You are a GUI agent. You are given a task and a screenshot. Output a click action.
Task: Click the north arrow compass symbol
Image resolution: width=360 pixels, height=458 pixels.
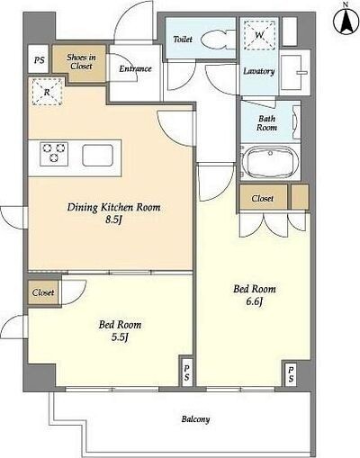point(346,19)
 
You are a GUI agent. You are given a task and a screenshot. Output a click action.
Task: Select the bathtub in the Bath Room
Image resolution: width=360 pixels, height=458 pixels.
point(271,162)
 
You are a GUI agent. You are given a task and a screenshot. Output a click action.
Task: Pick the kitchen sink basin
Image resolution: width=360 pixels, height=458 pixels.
point(97,156)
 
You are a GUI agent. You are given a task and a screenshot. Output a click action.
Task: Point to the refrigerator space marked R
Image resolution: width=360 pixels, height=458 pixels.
point(47,92)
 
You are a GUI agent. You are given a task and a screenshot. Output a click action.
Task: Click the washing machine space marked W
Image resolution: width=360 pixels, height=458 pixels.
point(259,35)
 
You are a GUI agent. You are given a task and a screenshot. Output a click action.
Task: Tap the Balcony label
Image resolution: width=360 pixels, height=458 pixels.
point(195,419)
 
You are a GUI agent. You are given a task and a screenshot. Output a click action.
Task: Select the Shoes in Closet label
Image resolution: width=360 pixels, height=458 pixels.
point(81,62)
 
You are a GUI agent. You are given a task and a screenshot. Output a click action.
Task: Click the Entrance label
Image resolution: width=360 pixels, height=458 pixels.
point(135,69)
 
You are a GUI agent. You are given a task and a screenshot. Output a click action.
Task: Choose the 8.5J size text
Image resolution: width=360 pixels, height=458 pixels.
point(113,220)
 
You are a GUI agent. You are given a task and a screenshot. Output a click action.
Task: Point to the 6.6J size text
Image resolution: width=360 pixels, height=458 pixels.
point(255,301)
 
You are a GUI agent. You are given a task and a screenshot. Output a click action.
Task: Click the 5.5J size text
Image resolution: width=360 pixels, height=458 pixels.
point(120,337)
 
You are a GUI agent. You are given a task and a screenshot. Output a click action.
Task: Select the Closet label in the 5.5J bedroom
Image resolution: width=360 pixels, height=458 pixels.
point(43,292)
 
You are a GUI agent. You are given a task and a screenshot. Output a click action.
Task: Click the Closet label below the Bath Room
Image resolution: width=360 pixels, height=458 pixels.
point(263,198)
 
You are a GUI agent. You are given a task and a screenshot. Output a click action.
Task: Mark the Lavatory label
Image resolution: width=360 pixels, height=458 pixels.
point(258,71)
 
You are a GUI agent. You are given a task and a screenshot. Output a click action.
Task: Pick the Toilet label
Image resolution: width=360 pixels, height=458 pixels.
point(183,40)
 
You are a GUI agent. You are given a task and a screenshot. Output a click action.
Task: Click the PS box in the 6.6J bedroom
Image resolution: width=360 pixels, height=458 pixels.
point(291,373)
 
